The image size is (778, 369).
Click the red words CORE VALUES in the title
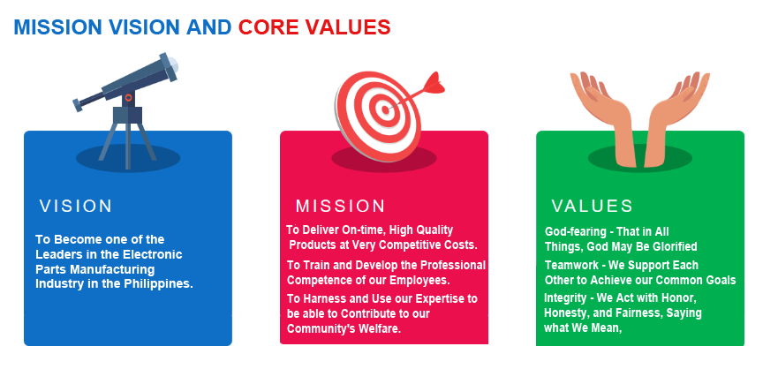pyautogui.click(x=314, y=27)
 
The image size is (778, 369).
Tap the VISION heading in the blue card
pyautogui.click(x=76, y=207)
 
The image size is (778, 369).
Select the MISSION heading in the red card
pyautogui.click(x=340, y=207)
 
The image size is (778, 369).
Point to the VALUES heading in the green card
pyautogui.click(x=593, y=207)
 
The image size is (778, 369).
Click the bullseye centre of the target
pyautogui.click(x=384, y=109)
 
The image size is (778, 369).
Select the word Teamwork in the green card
pyautogui.click(x=571, y=265)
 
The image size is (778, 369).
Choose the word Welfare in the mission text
pyautogui.click(x=380, y=328)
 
